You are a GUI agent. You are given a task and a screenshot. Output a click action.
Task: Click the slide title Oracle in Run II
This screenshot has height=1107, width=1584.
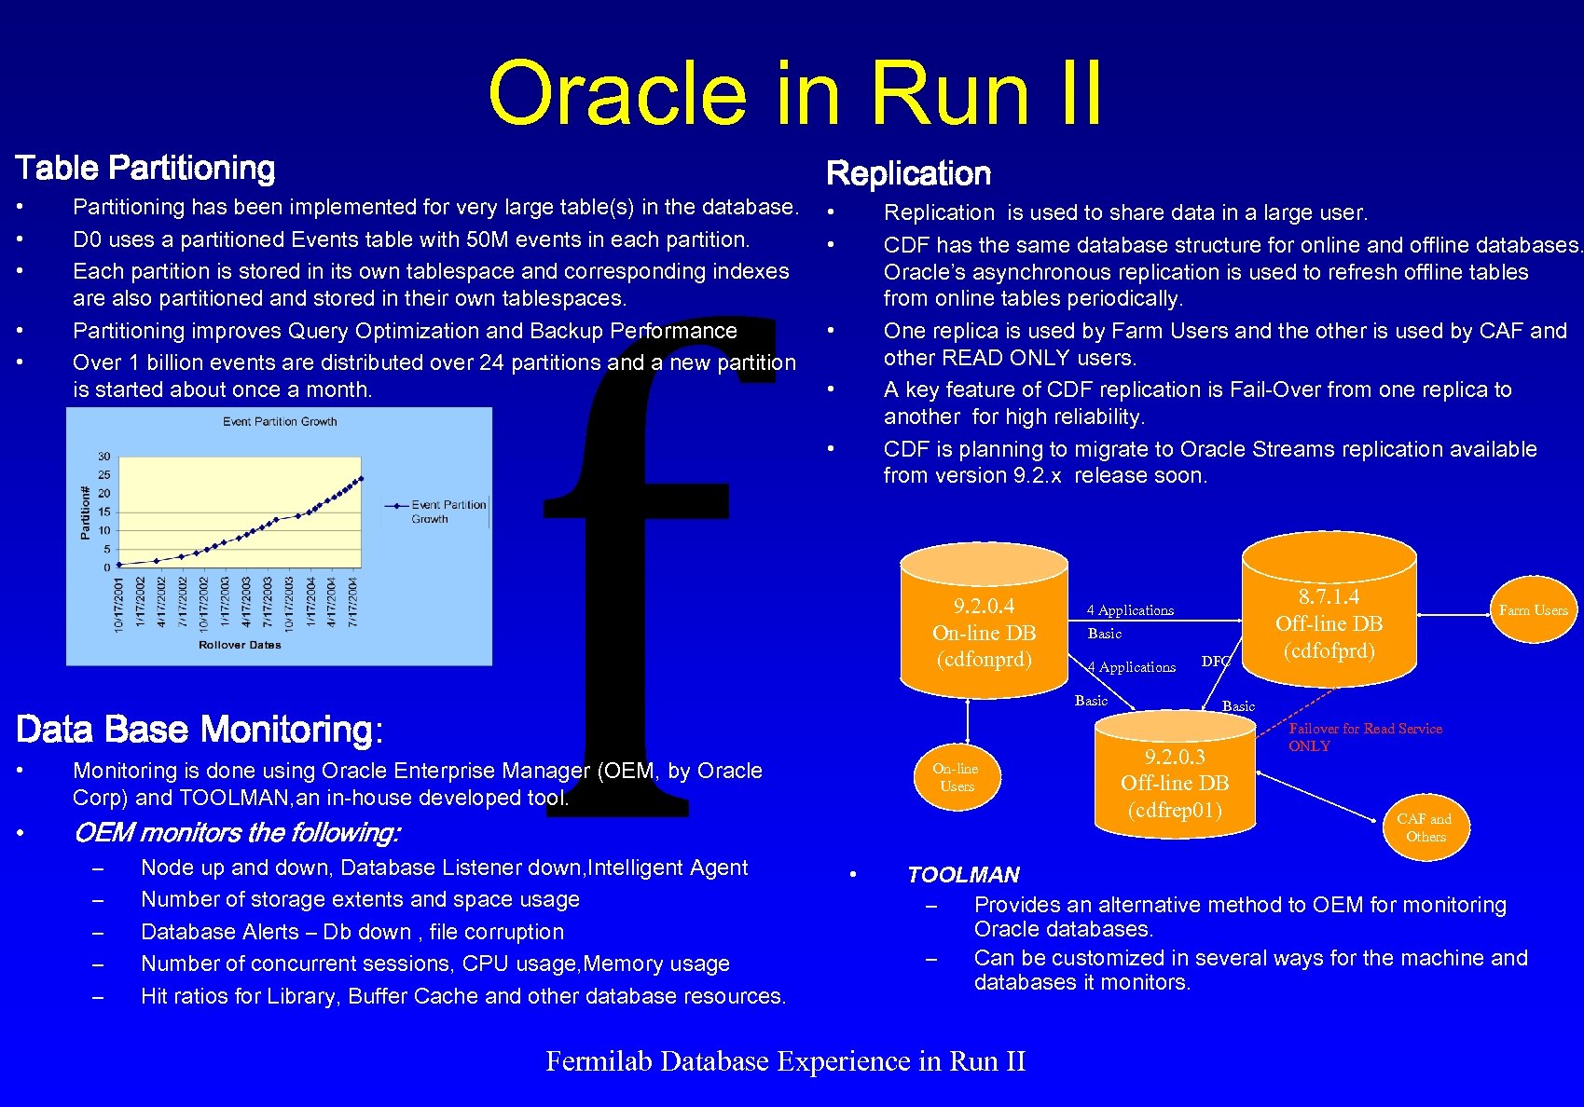click(x=794, y=93)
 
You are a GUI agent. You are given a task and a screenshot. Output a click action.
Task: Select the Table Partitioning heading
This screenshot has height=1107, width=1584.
click(x=145, y=168)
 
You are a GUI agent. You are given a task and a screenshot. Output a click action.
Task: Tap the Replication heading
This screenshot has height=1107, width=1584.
click(x=908, y=173)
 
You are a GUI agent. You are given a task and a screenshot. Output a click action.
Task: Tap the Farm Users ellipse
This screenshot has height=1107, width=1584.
click(x=1533, y=610)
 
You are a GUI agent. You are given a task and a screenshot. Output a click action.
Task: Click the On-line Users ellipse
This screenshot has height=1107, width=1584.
click(x=956, y=777)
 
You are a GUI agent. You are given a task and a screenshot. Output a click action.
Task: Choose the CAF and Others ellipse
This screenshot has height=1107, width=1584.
click(x=1425, y=827)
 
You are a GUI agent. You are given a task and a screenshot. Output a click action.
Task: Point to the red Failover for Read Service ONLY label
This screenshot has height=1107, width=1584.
click(x=1364, y=736)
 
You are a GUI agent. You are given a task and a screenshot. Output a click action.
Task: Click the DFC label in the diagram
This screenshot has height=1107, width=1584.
click(x=1216, y=661)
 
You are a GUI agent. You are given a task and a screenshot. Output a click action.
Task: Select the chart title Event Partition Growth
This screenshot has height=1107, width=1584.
click(x=280, y=422)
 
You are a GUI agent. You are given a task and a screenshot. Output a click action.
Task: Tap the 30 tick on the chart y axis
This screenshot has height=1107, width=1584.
click(x=104, y=457)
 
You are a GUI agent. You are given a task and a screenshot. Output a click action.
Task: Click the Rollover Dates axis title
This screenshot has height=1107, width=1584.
click(x=240, y=645)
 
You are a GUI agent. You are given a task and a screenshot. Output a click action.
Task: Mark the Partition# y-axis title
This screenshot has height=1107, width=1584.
click(x=85, y=512)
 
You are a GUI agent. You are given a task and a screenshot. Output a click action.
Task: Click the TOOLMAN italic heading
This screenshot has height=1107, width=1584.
click(x=963, y=875)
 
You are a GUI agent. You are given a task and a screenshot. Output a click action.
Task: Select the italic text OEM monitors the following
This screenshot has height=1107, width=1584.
click(x=237, y=832)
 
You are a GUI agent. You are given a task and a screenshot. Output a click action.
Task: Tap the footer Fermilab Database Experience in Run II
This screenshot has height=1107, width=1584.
click(x=785, y=1061)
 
